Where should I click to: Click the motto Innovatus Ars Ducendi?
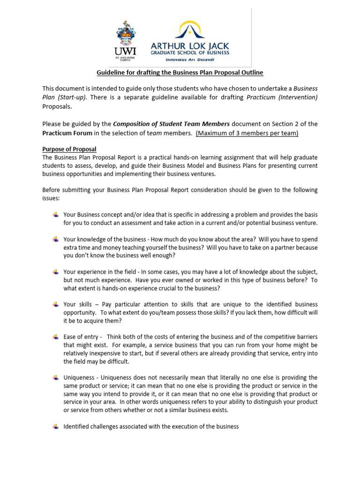click(x=189, y=60)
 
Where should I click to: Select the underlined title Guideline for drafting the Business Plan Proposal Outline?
click(x=180, y=73)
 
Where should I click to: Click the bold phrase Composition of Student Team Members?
click(x=171, y=124)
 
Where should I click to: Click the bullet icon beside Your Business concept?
click(x=56, y=215)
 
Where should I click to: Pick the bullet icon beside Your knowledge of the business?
click(x=56, y=239)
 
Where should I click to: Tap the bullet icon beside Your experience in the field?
click(x=56, y=272)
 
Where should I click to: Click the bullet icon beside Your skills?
click(x=56, y=305)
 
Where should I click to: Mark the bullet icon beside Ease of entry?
click(x=56, y=337)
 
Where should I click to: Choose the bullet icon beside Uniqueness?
click(x=56, y=377)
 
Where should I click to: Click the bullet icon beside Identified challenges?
click(x=56, y=427)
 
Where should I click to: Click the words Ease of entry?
click(x=81, y=337)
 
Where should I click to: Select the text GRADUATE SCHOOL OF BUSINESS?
click(x=189, y=53)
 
